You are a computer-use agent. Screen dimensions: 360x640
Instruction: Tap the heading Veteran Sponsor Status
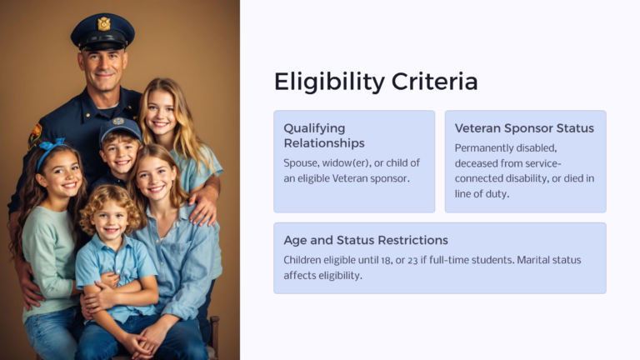524,128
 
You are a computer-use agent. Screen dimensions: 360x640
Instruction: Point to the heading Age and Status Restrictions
366,240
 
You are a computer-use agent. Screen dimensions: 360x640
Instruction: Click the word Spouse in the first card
302,162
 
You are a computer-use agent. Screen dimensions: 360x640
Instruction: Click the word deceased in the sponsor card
479,163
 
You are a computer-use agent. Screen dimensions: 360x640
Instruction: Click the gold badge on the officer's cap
103,23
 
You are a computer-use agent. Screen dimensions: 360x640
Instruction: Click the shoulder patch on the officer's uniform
35,131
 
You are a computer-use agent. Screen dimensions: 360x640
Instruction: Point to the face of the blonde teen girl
161,115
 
